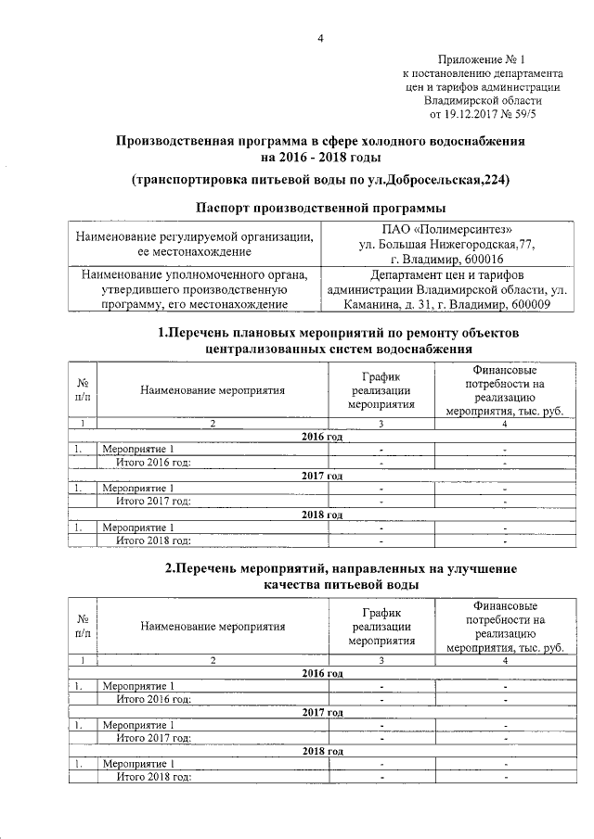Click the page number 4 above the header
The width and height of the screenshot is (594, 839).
pyautogui.click(x=321, y=37)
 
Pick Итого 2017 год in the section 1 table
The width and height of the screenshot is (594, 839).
pyautogui.click(x=153, y=502)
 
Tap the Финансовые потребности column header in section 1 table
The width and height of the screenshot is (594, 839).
pyautogui.click(x=506, y=390)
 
